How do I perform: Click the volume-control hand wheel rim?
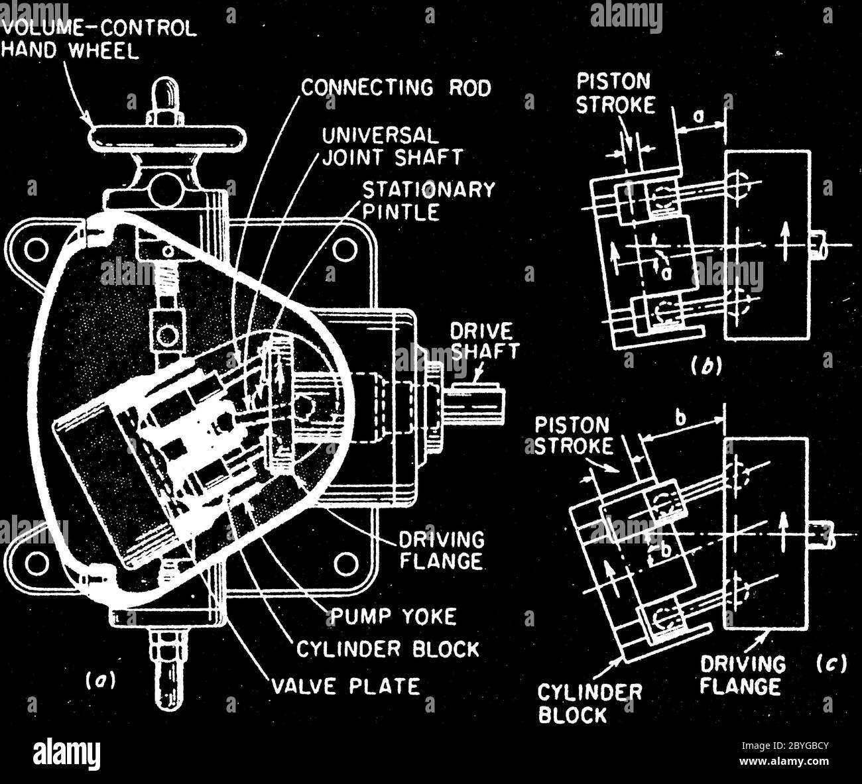168,127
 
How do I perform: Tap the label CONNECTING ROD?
395,88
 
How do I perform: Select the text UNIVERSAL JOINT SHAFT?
393,146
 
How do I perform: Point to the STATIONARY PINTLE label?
428,201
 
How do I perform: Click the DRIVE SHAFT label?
484,341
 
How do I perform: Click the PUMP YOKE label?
393,617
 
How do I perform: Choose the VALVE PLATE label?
345,686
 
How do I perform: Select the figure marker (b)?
706,366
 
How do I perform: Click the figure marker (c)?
831,663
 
